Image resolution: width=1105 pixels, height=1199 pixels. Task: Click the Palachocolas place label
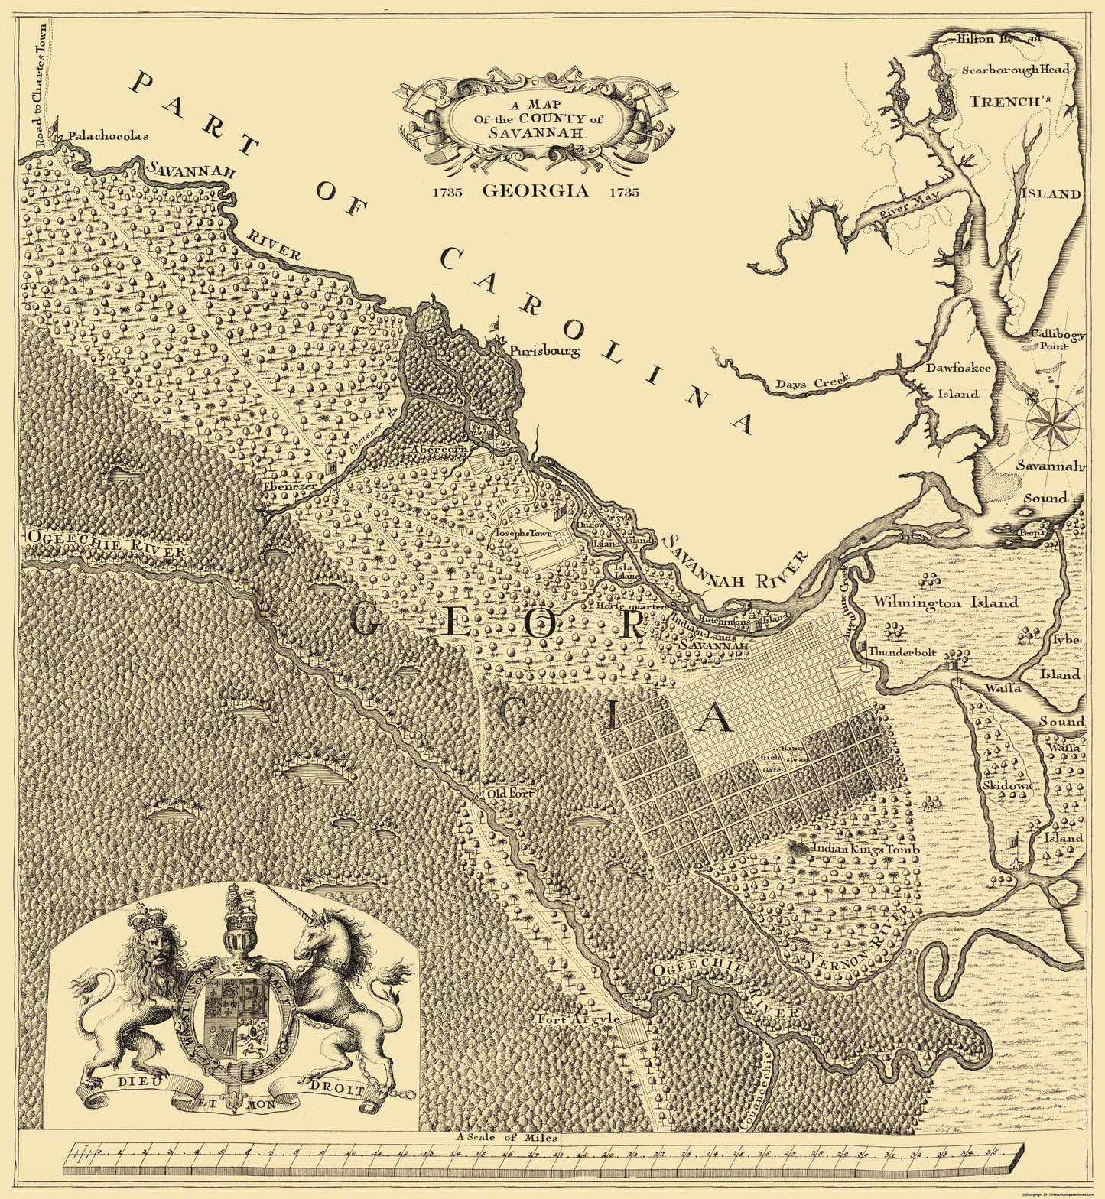[106, 136]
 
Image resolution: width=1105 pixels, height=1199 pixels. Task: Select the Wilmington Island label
[947, 603]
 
